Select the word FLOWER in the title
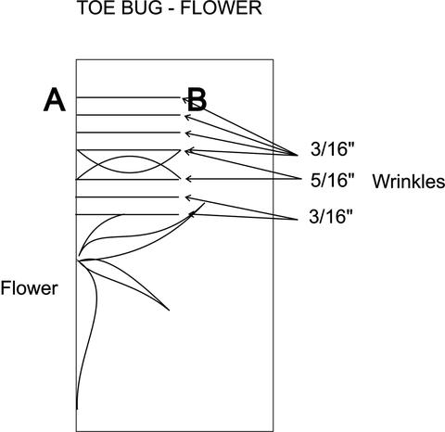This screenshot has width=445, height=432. click(221, 7)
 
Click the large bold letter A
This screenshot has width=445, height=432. click(55, 99)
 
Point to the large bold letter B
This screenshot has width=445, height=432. click(197, 99)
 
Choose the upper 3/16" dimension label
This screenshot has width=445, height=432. click(332, 150)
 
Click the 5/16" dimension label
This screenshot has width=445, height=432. click(332, 181)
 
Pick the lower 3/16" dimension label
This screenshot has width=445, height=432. click(330, 217)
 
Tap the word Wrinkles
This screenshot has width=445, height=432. click(409, 181)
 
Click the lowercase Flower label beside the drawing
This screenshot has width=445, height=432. click(29, 288)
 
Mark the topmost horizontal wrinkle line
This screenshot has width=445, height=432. click(128, 97)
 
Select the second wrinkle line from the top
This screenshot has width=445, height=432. click(128, 115)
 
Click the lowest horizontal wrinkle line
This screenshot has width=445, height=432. click(128, 214)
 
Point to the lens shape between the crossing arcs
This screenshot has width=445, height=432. click(130, 164)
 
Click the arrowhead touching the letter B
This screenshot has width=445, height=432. click(184, 99)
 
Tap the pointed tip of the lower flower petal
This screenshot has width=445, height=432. click(169, 310)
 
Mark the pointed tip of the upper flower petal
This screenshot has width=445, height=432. click(204, 203)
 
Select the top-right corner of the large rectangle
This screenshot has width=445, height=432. click(273, 59)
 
